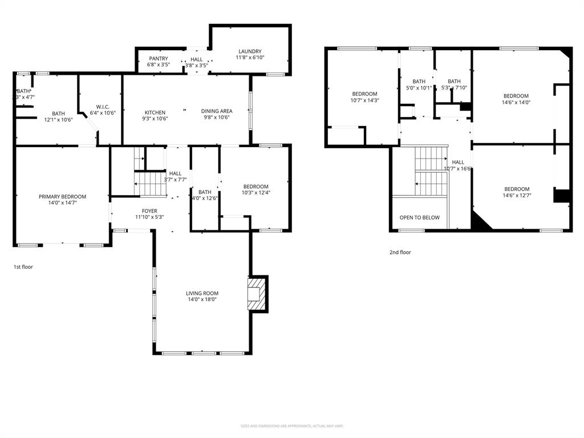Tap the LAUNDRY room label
pos(249,51)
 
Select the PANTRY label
pos(158,59)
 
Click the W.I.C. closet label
pos(103,106)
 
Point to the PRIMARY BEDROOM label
pos(62,197)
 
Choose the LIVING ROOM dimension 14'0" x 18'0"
pos(202,300)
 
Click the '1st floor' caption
pos(23,266)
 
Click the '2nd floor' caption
pos(400,252)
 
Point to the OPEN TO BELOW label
pos(419,217)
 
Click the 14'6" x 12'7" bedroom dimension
pos(516,196)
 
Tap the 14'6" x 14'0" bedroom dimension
pos(516,103)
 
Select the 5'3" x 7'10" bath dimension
pos(454,88)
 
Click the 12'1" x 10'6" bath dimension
pos(58,120)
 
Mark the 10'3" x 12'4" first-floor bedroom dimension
pos(255,193)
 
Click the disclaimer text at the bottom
pos(292,426)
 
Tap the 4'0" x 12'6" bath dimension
pos(205,198)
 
